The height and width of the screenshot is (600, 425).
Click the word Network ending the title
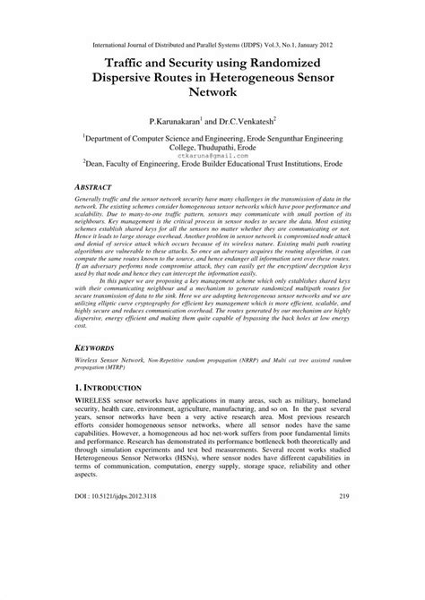click(212, 90)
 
